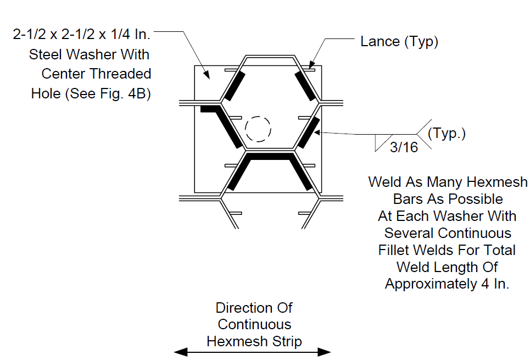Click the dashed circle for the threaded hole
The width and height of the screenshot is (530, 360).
pos(246,129)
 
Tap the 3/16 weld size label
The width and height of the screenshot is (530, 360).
pos(404,147)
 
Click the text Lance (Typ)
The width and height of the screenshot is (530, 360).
pos(399,42)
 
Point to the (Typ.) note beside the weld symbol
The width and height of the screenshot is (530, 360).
pos(447,134)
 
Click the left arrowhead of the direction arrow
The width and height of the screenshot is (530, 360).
pos(181,352)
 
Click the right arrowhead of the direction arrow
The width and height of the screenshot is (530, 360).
pos(325,352)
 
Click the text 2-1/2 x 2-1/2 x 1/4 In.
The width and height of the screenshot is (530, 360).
pos(81,34)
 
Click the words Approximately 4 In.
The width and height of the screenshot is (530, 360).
pos(447,284)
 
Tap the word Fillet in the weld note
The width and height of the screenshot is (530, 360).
pos(393,251)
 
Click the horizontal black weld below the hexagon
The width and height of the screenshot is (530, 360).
pos(270,156)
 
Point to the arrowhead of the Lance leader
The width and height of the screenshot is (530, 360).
pos(311,65)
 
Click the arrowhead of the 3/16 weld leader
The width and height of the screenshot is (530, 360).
pos(317,132)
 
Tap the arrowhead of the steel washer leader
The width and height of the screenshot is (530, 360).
pos(207,75)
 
